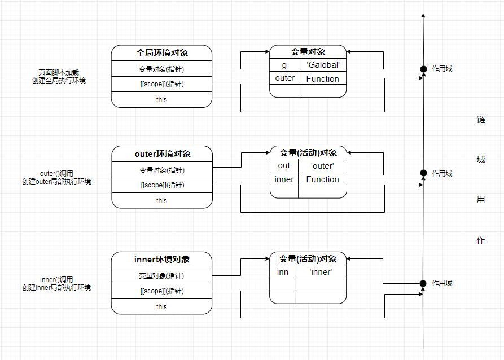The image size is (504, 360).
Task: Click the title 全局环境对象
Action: [161, 53]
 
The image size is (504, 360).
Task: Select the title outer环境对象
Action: [161, 154]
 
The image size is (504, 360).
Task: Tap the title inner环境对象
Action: [161, 260]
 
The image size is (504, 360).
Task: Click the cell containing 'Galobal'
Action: [322, 65]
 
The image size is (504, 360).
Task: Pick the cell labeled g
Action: [284, 65]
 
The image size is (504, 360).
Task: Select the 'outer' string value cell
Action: [322, 165]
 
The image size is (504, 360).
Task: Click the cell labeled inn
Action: [283, 272]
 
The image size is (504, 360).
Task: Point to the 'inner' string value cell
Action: [321, 272]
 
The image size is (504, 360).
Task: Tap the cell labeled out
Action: [284, 165]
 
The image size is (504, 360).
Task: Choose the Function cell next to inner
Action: [322, 179]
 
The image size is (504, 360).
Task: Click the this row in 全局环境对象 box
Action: [161, 100]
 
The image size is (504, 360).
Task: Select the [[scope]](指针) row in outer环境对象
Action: [161, 185]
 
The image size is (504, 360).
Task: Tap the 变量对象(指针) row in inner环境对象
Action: [161, 276]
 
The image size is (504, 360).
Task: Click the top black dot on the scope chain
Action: [423, 69]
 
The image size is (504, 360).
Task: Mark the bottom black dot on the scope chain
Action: [423, 283]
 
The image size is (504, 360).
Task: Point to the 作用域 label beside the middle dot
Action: [442, 174]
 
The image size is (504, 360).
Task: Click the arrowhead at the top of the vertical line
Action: [423, 16]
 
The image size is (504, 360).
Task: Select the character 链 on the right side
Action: [481, 120]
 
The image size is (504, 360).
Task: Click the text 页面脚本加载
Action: [59, 73]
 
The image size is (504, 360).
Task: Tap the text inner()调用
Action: [56, 279]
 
